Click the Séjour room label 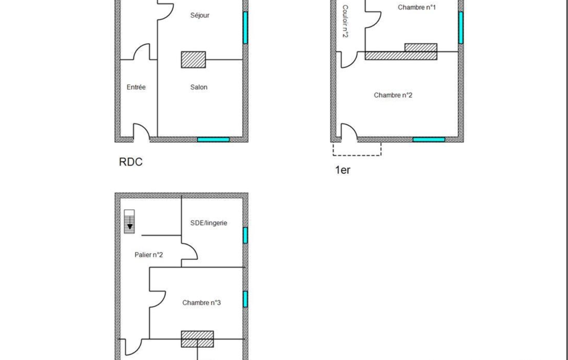point(199,15)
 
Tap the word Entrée point(136,87)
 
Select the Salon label point(199,87)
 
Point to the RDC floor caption point(131,162)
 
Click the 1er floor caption point(342,170)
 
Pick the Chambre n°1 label point(417,7)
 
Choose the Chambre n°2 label point(393,95)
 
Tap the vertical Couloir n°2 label point(345,21)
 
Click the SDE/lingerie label point(209,223)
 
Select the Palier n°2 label point(149,255)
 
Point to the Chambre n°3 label point(201,302)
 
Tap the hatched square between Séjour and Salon point(193,60)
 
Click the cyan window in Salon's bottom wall point(213,140)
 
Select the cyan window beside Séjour point(245,28)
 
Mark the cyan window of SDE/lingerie point(245,235)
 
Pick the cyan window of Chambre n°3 point(245,299)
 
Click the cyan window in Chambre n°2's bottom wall point(429,140)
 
